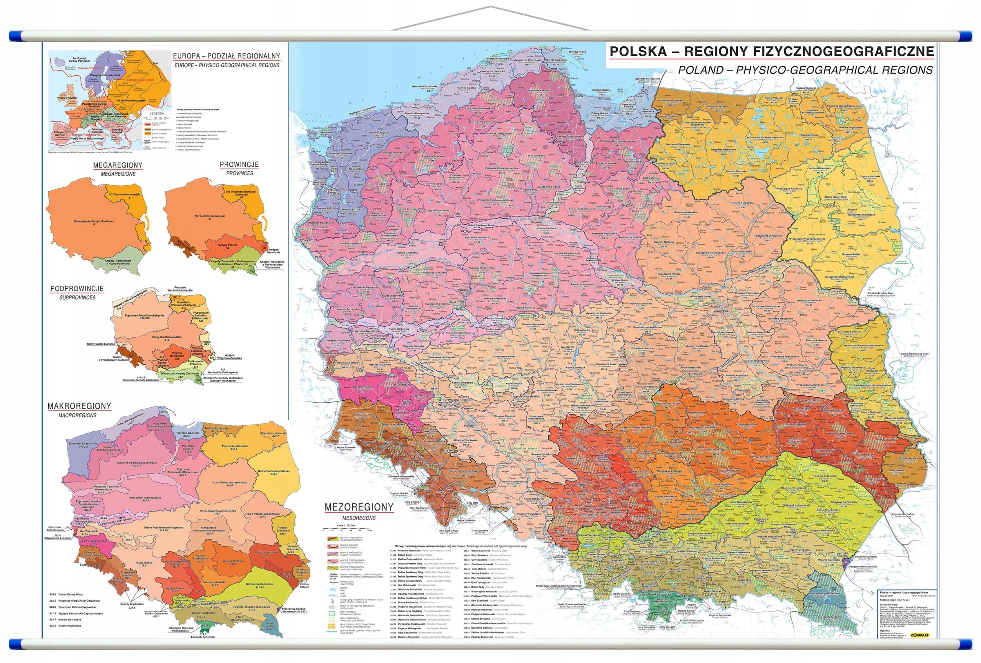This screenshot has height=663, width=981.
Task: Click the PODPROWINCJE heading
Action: [77, 289]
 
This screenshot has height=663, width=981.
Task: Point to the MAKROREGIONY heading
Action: [79, 406]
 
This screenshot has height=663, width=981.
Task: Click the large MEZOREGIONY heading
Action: [359, 507]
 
